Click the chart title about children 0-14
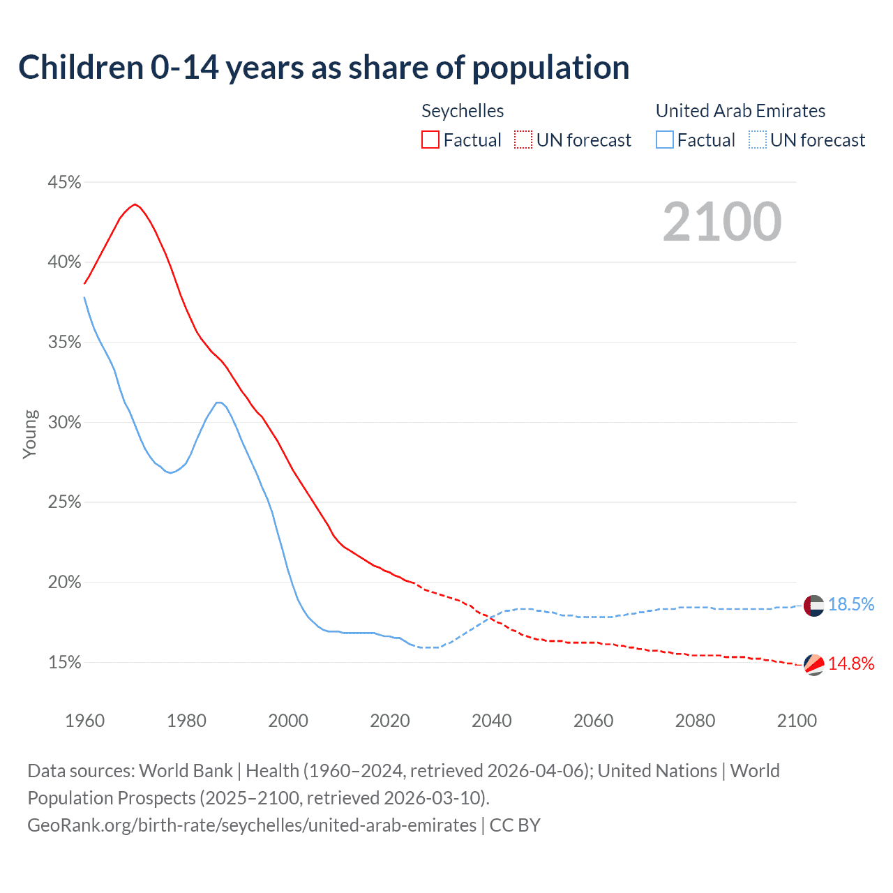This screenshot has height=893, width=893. [324, 68]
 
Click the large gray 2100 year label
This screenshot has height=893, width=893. [722, 222]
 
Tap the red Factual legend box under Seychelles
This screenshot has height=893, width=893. [430, 140]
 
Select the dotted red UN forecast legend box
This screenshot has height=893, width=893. [523, 140]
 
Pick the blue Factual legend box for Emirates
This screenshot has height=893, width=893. [665, 140]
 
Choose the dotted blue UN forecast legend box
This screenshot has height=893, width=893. [758, 140]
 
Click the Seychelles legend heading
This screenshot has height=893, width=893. [463, 111]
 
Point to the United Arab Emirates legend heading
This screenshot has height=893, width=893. [740, 111]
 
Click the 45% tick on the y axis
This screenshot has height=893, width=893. [64, 183]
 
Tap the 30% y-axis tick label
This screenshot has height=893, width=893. [64, 423]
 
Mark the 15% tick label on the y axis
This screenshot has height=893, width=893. [64, 663]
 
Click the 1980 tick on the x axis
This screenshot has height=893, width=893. [186, 721]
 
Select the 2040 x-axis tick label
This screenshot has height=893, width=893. [491, 721]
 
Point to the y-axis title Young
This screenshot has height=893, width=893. [29, 434]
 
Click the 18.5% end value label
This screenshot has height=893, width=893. [851, 605]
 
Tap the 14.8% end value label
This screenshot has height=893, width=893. [851, 664]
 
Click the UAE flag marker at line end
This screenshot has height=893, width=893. [813, 606]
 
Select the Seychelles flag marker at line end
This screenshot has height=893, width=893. [813, 665]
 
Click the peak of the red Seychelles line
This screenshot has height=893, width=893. [135, 204]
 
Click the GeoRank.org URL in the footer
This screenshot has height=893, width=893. [252, 825]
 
